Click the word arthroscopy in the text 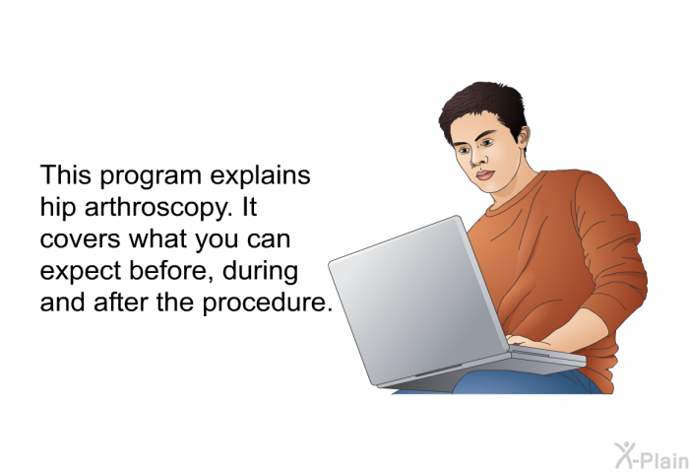pyautogui.click(x=158, y=208)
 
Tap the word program pyautogui.click(x=151, y=176)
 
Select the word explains pyautogui.click(x=260, y=175)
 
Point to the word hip pyautogui.click(x=57, y=208)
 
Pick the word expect pyautogui.click(x=81, y=272)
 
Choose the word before pyautogui.click(x=170, y=271)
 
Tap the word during pyautogui.click(x=260, y=272)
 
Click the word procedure pyautogui.click(x=267, y=304)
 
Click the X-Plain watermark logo pyautogui.click(x=652, y=456)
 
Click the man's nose pyautogui.click(x=476, y=160)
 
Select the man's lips pyautogui.click(x=485, y=174)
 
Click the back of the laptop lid pyautogui.click(x=417, y=300)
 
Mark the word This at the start pyautogui.click(x=66, y=175)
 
